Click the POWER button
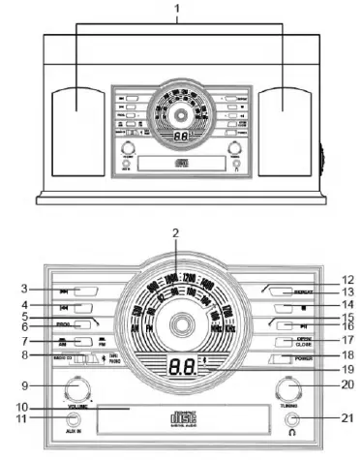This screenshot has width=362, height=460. coord(281,358)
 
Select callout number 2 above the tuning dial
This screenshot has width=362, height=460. coord(175,232)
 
